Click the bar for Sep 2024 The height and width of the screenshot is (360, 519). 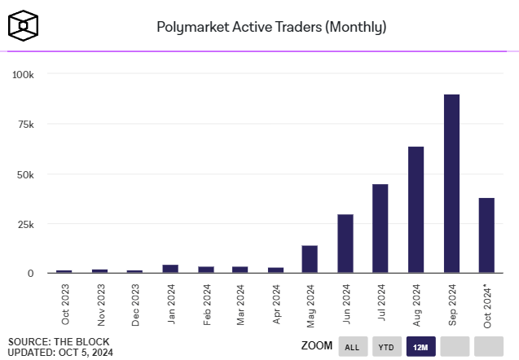[451, 183]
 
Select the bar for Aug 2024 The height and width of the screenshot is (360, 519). [416, 209]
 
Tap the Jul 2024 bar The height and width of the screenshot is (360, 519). [380, 228]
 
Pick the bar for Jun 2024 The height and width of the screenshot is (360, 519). [345, 244]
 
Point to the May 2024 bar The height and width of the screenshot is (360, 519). [310, 259]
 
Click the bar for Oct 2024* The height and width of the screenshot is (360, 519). [486, 235]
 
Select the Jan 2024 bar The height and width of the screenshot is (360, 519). [169, 269]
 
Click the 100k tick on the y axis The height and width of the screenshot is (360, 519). [23, 74]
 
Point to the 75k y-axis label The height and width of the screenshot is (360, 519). [25, 124]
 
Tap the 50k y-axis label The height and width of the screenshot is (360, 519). [25, 174]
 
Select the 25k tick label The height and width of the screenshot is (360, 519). [25, 224]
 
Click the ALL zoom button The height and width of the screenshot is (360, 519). [352, 346]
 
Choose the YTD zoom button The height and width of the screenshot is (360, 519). [387, 346]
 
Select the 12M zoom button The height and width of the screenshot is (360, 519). [420, 346]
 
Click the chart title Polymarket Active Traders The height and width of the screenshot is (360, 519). [271, 27]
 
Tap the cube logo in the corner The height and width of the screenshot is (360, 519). [24, 25]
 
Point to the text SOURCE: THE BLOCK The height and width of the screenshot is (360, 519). [59, 341]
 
